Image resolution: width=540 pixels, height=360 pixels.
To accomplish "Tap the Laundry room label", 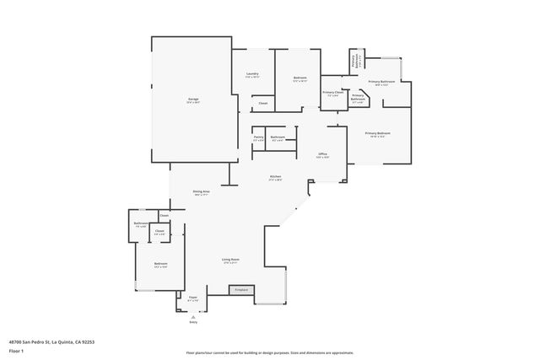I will pos(252,74).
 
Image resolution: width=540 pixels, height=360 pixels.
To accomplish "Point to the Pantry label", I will pos(258,137).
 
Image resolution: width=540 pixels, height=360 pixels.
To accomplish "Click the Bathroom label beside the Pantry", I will pos(278,137).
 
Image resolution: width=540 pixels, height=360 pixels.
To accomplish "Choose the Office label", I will pos(322,154).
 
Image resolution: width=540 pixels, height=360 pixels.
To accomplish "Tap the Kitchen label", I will pos(275,176).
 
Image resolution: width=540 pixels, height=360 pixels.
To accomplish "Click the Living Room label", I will pos(230,260).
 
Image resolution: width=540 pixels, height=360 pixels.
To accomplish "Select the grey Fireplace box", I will pos(241,289).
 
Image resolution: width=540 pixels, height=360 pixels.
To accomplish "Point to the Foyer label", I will pos(192,297).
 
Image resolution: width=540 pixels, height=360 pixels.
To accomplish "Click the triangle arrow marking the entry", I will pos(193,314).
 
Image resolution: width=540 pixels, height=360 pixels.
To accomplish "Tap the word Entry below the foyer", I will pos(193,322).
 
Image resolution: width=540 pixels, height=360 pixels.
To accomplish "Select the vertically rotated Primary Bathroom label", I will pos(355,61).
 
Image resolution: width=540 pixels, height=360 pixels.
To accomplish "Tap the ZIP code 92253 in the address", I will pos(86,341).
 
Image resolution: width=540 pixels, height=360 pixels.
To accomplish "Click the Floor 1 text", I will pos(15,350).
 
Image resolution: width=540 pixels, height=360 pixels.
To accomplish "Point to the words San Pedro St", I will pos(39,341).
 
